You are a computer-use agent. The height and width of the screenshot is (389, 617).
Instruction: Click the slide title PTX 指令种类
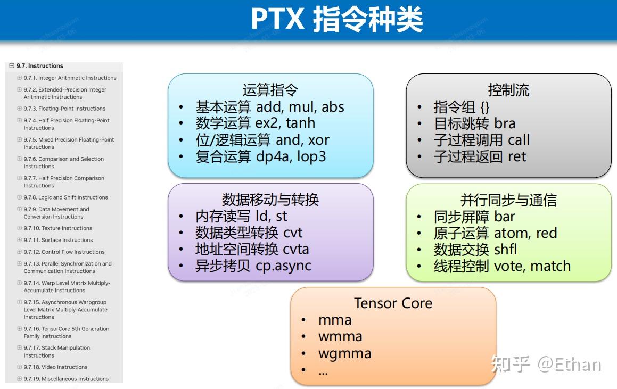pyautogui.click(x=336, y=19)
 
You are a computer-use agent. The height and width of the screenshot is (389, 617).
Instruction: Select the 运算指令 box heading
pyautogui.click(x=270, y=90)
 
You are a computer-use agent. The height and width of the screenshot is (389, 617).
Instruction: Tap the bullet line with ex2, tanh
pyautogui.click(x=255, y=123)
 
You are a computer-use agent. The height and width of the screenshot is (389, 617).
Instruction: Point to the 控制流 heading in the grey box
pyautogui.click(x=508, y=90)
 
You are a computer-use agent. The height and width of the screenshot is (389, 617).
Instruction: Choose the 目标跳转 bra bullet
pyautogui.click(x=474, y=123)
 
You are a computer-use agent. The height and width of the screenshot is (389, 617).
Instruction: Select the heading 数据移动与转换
pyautogui.click(x=270, y=200)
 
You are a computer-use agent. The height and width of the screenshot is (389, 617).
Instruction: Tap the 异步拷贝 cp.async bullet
pyautogui.click(x=253, y=266)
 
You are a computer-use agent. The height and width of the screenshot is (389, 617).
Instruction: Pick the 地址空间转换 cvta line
pyautogui.click(x=252, y=249)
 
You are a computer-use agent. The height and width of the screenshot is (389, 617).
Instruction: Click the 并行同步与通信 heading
pyautogui.click(x=508, y=200)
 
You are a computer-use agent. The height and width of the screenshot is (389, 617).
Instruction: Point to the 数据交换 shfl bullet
pyautogui.click(x=475, y=250)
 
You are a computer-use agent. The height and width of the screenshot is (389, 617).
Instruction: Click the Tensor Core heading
pyautogui.click(x=393, y=303)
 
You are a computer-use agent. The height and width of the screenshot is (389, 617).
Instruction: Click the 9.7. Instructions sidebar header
pyautogui.click(x=39, y=66)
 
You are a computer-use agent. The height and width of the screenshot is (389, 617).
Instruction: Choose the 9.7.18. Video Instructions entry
pyautogui.click(x=55, y=367)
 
